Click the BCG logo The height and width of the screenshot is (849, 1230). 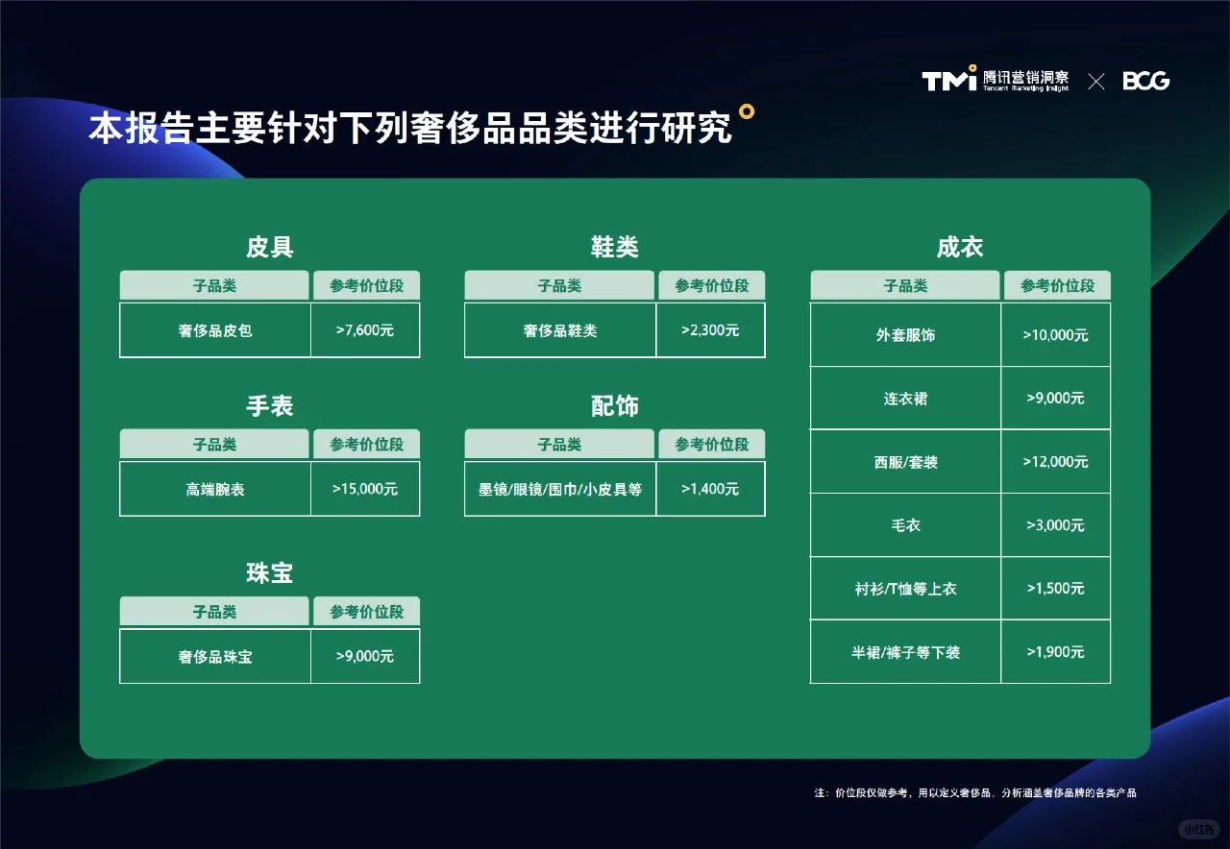[1145, 81]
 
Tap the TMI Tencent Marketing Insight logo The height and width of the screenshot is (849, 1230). [995, 80]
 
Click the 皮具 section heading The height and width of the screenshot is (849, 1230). [269, 248]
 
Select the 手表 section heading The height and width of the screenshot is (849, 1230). [269, 406]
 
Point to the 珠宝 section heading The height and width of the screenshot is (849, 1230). [269, 573]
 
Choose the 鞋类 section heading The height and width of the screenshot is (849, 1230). [614, 248]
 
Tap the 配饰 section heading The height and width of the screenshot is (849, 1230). [614, 406]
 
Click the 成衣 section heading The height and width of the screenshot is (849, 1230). [959, 248]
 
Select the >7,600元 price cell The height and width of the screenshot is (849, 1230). [365, 330]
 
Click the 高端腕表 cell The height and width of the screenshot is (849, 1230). [215, 490]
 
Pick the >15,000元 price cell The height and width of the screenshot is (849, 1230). [365, 489]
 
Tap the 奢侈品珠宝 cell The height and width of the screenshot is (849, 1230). [215, 657]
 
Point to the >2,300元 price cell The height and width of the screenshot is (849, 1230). [710, 330]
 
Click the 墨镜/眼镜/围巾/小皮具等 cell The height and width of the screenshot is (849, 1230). [560, 490]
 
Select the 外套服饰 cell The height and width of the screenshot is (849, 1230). [905, 335]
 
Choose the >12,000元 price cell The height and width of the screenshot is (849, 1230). [1055, 462]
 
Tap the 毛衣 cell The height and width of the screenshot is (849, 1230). [905, 525]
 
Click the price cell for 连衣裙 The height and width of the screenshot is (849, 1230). [1055, 399]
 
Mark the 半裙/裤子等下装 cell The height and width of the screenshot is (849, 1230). [905, 652]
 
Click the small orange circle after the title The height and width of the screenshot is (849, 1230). [746, 111]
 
